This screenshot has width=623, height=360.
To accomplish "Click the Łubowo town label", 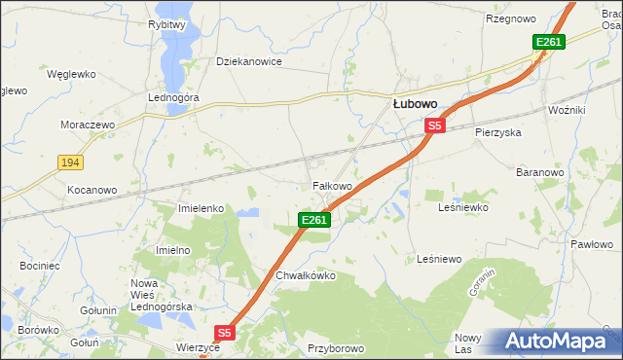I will tap(415, 103).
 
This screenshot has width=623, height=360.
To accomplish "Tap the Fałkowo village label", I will tap(331, 185).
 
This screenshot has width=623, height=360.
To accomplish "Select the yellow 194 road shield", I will tap(68, 162).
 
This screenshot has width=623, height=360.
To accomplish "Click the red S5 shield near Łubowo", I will tap(434, 126).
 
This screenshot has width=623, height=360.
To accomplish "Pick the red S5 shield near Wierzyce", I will tap(225, 333).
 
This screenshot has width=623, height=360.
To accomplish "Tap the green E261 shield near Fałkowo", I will tap(314, 221).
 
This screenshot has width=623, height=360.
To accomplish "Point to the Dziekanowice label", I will tap(248, 61).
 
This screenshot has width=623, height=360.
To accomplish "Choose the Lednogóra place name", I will tap(173, 98).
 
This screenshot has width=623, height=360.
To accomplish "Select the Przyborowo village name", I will tap(335, 347).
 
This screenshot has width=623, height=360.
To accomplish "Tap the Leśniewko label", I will tap(462, 207).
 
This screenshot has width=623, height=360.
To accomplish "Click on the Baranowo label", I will tap(540, 172).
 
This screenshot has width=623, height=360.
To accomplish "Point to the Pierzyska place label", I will tap(498, 131).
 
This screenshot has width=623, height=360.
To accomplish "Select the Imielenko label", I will tap(202, 208).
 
